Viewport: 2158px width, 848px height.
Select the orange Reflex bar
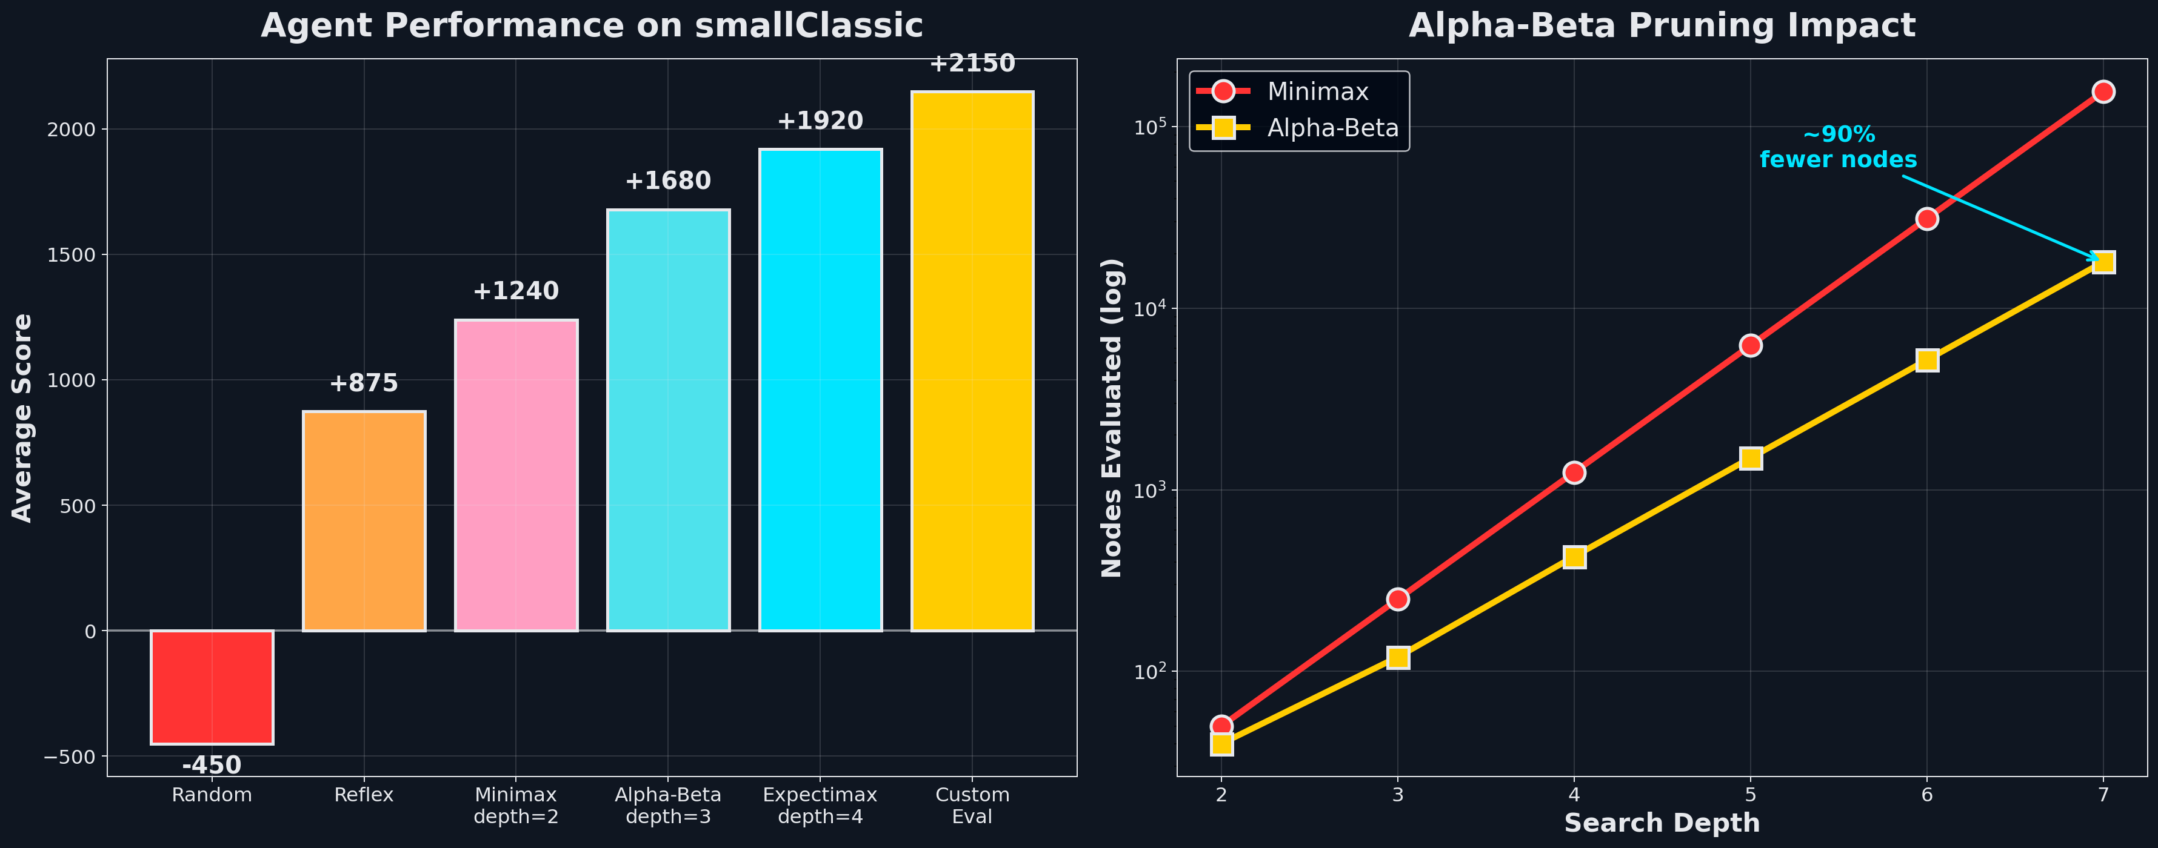(x=364, y=521)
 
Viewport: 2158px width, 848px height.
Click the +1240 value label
(x=515, y=291)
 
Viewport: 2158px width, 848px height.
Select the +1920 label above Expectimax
(x=820, y=121)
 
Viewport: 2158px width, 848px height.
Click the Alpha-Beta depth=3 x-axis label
(x=667, y=806)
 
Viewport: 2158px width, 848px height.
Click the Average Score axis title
(x=22, y=418)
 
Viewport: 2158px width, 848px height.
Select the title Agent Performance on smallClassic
(x=592, y=25)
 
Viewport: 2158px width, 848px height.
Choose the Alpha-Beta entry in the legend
(x=1332, y=128)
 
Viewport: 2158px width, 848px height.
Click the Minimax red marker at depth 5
(x=1750, y=345)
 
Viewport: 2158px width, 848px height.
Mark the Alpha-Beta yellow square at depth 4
(x=1574, y=557)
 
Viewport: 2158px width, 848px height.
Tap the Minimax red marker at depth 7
(x=2103, y=91)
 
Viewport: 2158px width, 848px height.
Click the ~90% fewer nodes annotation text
(x=1838, y=147)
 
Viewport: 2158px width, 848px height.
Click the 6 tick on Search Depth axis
(x=1927, y=795)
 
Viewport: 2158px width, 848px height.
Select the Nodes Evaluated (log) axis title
(x=1112, y=418)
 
